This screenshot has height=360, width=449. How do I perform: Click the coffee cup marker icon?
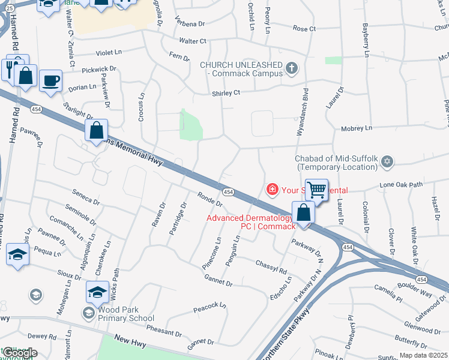tap(50, 80)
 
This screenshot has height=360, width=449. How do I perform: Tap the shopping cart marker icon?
tap(316, 190)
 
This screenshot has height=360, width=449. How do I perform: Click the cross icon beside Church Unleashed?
tap(292, 68)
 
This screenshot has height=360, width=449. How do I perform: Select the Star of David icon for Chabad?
tap(387, 162)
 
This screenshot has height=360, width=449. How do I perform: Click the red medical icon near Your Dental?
tap(272, 190)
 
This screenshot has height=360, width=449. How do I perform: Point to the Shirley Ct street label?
tap(226, 93)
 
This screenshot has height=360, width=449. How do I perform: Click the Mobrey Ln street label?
tap(357, 128)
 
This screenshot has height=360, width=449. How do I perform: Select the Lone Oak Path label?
tap(402, 185)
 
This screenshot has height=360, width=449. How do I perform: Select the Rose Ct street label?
tap(304, 29)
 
